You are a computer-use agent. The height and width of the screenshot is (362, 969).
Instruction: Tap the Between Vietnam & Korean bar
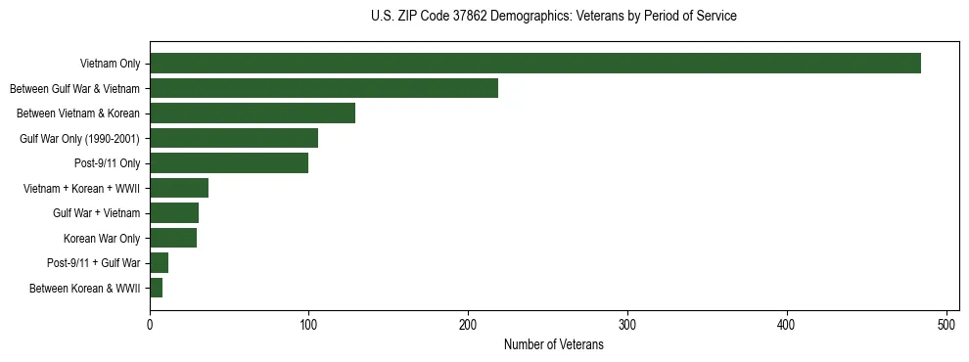point(253,113)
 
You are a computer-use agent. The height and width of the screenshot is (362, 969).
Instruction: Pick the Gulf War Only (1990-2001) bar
point(234,138)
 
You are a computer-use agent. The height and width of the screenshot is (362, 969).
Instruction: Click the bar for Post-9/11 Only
point(229,162)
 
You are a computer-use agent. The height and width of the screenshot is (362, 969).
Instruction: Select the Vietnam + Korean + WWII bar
point(179,188)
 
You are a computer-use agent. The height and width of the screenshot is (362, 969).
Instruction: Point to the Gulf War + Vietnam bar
point(174,212)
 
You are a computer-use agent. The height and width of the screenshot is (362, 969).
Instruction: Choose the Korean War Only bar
point(173,238)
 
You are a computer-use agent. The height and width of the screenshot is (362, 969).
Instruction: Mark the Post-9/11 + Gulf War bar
point(160,262)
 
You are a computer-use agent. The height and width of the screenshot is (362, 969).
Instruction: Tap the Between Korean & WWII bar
point(157,288)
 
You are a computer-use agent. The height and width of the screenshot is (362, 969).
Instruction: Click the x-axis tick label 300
point(628,325)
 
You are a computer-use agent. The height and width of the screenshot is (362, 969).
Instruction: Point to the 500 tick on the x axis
point(946,325)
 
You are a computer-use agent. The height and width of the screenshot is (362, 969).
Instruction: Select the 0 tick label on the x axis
point(150,325)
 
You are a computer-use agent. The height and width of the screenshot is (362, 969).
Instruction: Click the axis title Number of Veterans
point(553,345)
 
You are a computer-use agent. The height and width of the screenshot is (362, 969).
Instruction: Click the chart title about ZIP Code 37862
point(554,17)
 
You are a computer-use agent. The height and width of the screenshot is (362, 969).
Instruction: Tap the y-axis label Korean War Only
point(102,238)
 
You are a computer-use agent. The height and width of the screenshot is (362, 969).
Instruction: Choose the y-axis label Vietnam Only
point(110,64)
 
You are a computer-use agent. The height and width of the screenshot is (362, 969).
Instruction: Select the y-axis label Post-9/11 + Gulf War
point(94,262)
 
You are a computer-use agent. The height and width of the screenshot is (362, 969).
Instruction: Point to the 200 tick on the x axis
point(469,325)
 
